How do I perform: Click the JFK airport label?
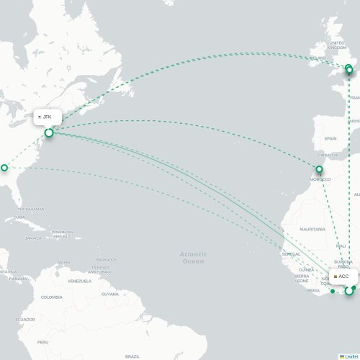point(47,117)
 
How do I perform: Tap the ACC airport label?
point(343,276)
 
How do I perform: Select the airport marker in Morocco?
point(319,170)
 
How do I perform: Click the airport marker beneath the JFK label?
point(49,132)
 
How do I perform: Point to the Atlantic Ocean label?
point(193,258)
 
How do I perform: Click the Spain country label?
point(330,138)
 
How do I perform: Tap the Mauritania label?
point(313,229)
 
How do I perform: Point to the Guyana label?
point(109,294)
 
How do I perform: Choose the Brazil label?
point(132,356)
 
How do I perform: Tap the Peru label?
point(42,342)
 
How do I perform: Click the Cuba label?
point(19,217)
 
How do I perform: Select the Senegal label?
point(292,254)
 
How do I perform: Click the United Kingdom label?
point(337,45)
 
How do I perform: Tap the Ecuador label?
point(25,319)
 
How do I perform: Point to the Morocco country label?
point(321,179)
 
